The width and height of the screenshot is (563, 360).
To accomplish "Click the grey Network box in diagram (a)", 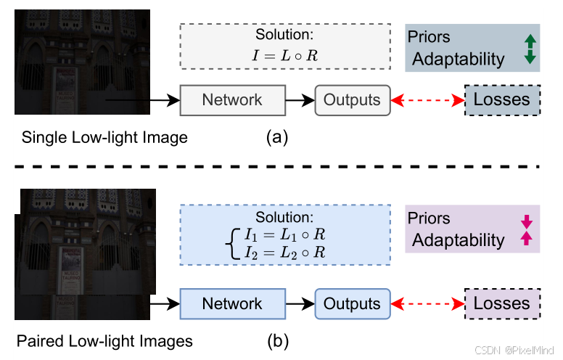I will (232, 99).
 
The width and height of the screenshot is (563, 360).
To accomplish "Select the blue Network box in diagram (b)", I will (232, 303).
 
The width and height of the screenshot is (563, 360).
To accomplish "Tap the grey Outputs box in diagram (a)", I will (352, 99).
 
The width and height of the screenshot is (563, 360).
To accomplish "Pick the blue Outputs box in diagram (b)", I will (352, 303).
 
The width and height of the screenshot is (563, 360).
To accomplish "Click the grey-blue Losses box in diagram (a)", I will (501, 99).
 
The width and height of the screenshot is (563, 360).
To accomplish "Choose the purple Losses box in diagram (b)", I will (501, 303).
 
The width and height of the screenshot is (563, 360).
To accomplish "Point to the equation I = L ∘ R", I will (284, 54).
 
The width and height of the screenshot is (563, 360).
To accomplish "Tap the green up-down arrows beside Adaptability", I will (530, 49).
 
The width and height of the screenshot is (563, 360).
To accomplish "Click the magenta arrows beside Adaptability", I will (527, 229).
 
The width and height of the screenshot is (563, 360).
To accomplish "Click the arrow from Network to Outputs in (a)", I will (299, 100).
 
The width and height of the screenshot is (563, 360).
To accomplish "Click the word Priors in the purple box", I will (429, 218).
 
